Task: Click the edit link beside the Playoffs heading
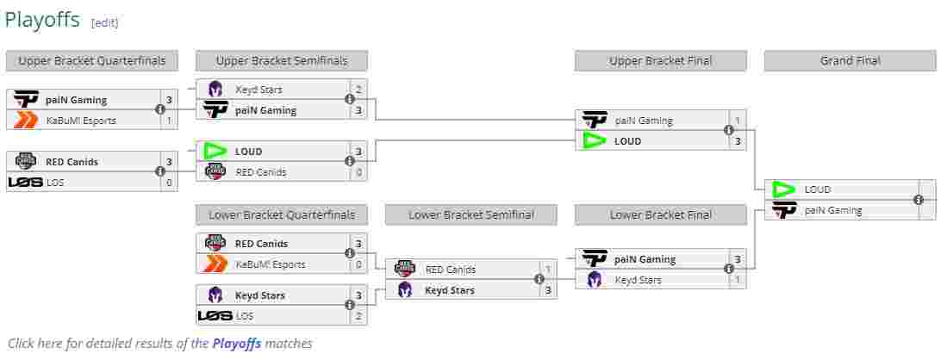pyautogui.click(x=104, y=23)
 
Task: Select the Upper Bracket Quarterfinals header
pyautogui.click(x=92, y=61)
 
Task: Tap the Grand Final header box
pyautogui.click(x=850, y=61)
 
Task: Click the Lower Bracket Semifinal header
pyautogui.click(x=470, y=215)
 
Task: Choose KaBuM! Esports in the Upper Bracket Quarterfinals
pyautogui.click(x=81, y=121)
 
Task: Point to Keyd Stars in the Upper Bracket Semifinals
pyautogui.click(x=259, y=90)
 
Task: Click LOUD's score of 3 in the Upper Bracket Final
pyautogui.click(x=737, y=141)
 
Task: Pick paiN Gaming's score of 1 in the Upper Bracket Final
pyautogui.click(x=737, y=121)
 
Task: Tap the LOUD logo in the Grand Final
pyautogui.click(x=784, y=189)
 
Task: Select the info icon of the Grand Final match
pyautogui.click(x=919, y=200)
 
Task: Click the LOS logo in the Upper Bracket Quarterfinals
pyautogui.click(x=25, y=183)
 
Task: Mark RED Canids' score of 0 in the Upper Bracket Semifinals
pyautogui.click(x=358, y=172)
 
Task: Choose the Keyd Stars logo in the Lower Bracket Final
pyautogui.click(x=595, y=280)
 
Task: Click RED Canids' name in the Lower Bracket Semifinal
pyautogui.click(x=450, y=270)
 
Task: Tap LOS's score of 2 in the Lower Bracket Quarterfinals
pyautogui.click(x=358, y=316)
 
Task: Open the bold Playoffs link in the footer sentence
pyautogui.click(x=236, y=344)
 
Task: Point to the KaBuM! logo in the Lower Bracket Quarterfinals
pyautogui.click(x=215, y=264)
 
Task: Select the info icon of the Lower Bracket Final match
pyautogui.click(x=729, y=270)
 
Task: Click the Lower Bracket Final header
pyautogui.click(x=660, y=215)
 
